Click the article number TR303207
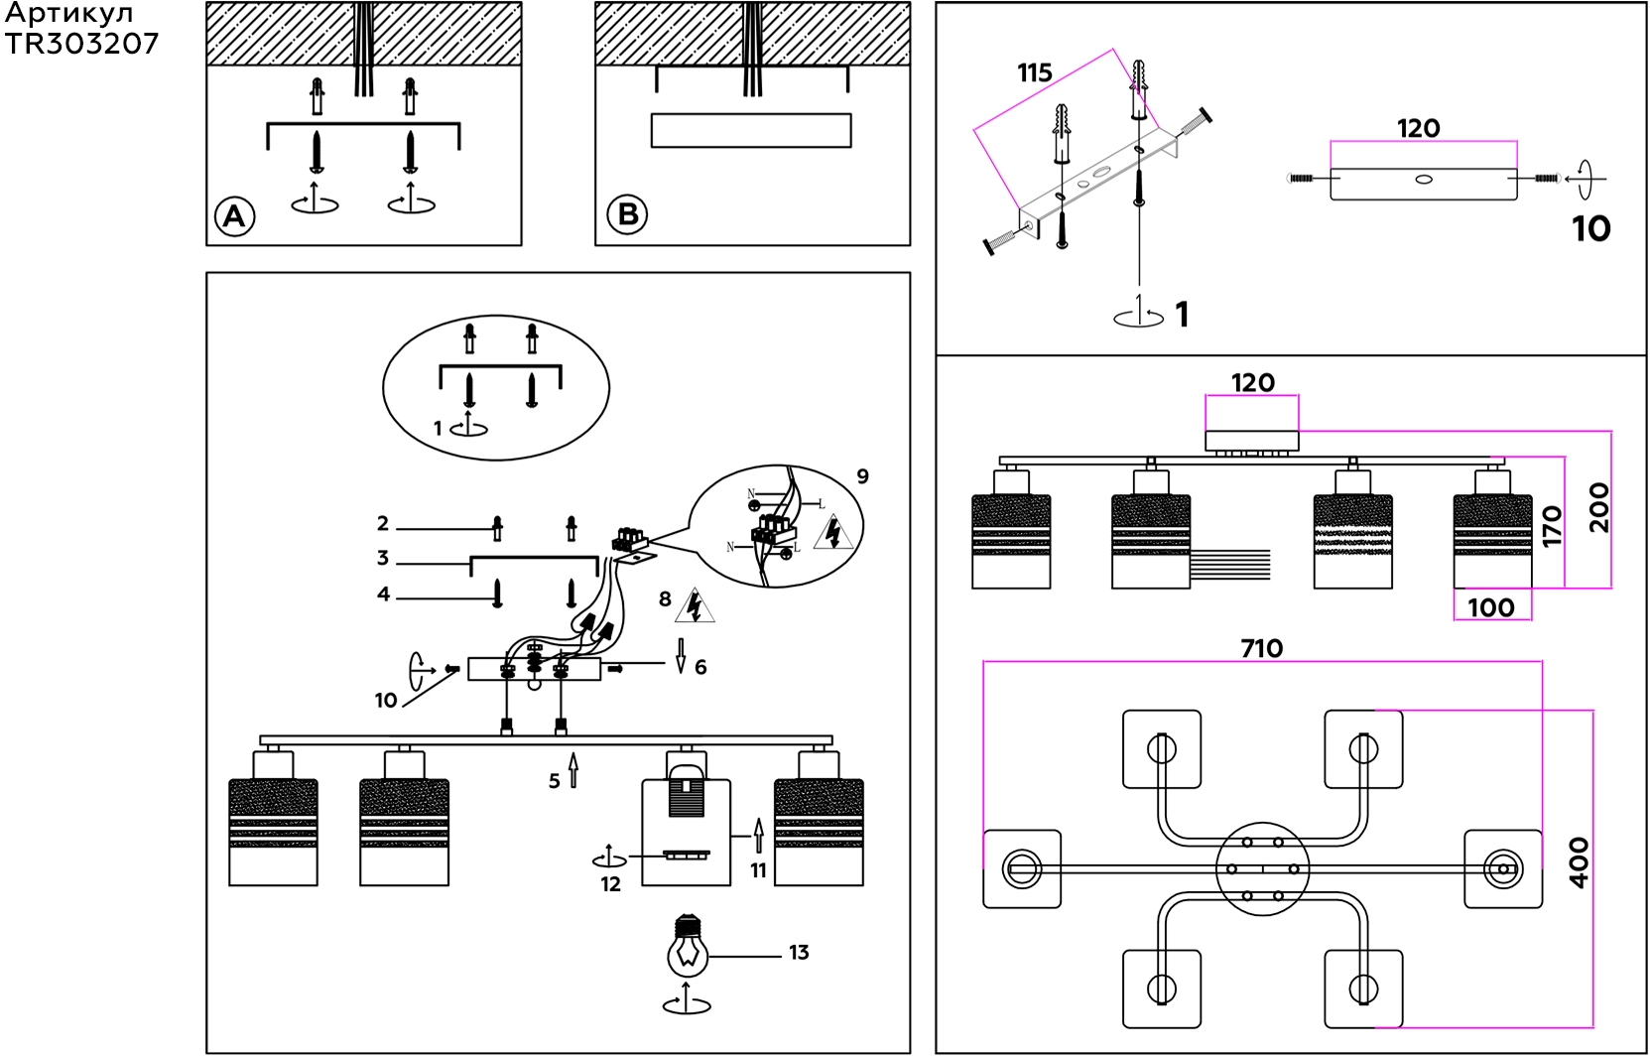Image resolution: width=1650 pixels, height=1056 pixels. pyautogui.click(x=81, y=45)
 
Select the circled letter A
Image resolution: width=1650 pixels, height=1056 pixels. pyautogui.click(x=234, y=216)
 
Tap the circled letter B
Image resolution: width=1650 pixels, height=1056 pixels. pyautogui.click(x=627, y=214)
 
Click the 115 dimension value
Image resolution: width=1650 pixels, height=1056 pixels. pyautogui.click(x=1034, y=73)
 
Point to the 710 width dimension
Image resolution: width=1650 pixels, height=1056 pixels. pyautogui.click(x=1262, y=648)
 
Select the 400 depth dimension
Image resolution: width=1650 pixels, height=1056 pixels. pyautogui.click(x=1580, y=862)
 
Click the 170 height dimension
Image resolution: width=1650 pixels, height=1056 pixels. pyautogui.click(x=1552, y=526)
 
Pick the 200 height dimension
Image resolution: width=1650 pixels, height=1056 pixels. pyautogui.click(x=1598, y=507)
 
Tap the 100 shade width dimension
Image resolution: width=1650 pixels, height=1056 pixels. pyautogui.click(x=1491, y=608)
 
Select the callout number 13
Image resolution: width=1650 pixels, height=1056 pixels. pyautogui.click(x=799, y=953)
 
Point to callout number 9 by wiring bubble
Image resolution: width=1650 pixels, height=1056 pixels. pyautogui.click(x=862, y=476)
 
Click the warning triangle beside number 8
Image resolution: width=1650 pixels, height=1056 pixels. pyautogui.click(x=694, y=605)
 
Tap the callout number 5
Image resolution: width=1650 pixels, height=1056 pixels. pyautogui.click(x=554, y=781)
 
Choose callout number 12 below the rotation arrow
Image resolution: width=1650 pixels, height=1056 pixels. pyautogui.click(x=610, y=884)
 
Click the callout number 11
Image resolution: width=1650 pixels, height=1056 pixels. pyautogui.click(x=759, y=871)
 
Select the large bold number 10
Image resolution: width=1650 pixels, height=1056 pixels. pyautogui.click(x=1591, y=228)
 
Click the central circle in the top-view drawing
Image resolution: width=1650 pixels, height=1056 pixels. pyautogui.click(x=1262, y=869)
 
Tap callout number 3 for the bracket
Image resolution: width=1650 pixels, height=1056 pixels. pyautogui.click(x=382, y=558)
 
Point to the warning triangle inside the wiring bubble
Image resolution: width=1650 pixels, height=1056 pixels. pyautogui.click(x=833, y=532)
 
